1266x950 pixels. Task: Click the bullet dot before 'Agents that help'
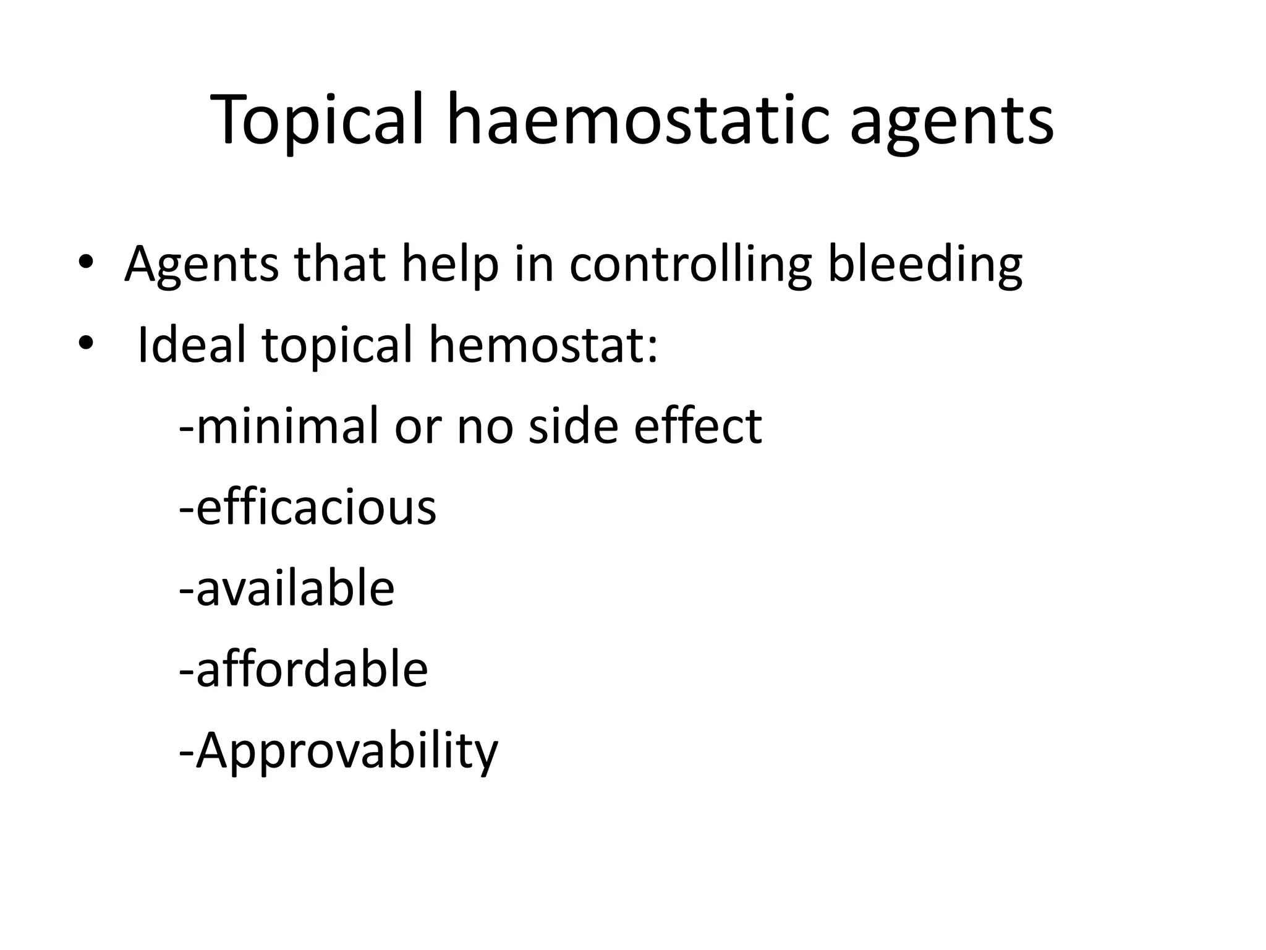pyautogui.click(x=85, y=262)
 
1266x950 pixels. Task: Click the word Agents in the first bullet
pyautogui.click(x=202, y=265)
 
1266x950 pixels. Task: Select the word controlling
pyautogui.click(x=690, y=265)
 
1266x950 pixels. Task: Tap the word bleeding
pyautogui.click(x=925, y=265)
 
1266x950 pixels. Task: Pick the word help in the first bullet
pyautogui.click(x=449, y=265)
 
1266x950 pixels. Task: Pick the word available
pyautogui.click(x=294, y=588)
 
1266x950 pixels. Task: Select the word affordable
pyautogui.click(x=311, y=669)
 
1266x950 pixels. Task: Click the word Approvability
pyautogui.click(x=346, y=751)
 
